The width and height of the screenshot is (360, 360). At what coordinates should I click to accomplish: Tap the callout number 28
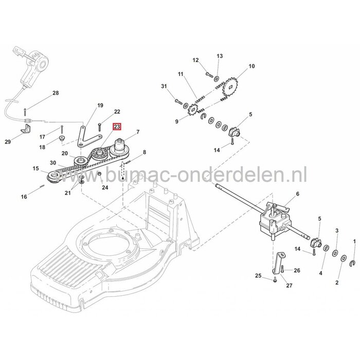coord(56,93)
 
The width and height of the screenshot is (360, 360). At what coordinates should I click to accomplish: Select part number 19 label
coord(100,105)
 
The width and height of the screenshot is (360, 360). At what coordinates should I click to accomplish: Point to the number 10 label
coord(251,66)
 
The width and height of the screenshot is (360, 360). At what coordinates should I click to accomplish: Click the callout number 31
coord(164,85)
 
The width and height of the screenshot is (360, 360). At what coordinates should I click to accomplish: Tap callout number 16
coord(24,196)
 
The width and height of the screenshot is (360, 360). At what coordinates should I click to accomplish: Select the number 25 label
coord(258,276)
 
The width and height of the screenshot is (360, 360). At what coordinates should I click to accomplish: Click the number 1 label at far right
coord(353,241)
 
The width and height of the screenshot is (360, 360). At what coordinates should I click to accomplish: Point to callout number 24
coord(105,188)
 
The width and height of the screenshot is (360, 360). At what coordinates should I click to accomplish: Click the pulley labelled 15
coord(53,177)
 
